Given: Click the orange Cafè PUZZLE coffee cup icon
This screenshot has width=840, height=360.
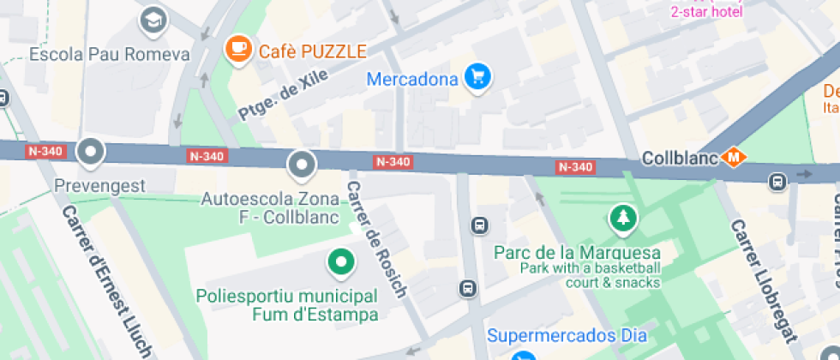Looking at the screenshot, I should [237, 50].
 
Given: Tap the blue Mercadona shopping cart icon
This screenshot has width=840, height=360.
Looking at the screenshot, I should [478, 78].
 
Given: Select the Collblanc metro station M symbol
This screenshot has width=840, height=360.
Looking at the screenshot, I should [733, 158].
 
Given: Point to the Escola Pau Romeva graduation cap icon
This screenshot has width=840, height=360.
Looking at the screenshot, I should [153, 19].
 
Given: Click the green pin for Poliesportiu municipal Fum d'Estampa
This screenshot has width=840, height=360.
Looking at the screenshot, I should [341, 262].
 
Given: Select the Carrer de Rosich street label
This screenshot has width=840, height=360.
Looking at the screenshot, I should [376, 240].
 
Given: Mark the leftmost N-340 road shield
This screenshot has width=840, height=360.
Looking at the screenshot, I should [45, 151].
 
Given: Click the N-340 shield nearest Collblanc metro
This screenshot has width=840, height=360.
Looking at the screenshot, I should [574, 166].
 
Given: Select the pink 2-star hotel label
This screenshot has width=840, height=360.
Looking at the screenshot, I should [706, 12].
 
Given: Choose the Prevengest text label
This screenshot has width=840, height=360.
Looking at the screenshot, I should [100, 185].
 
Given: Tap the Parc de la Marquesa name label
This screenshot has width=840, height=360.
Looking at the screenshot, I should [578, 253].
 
